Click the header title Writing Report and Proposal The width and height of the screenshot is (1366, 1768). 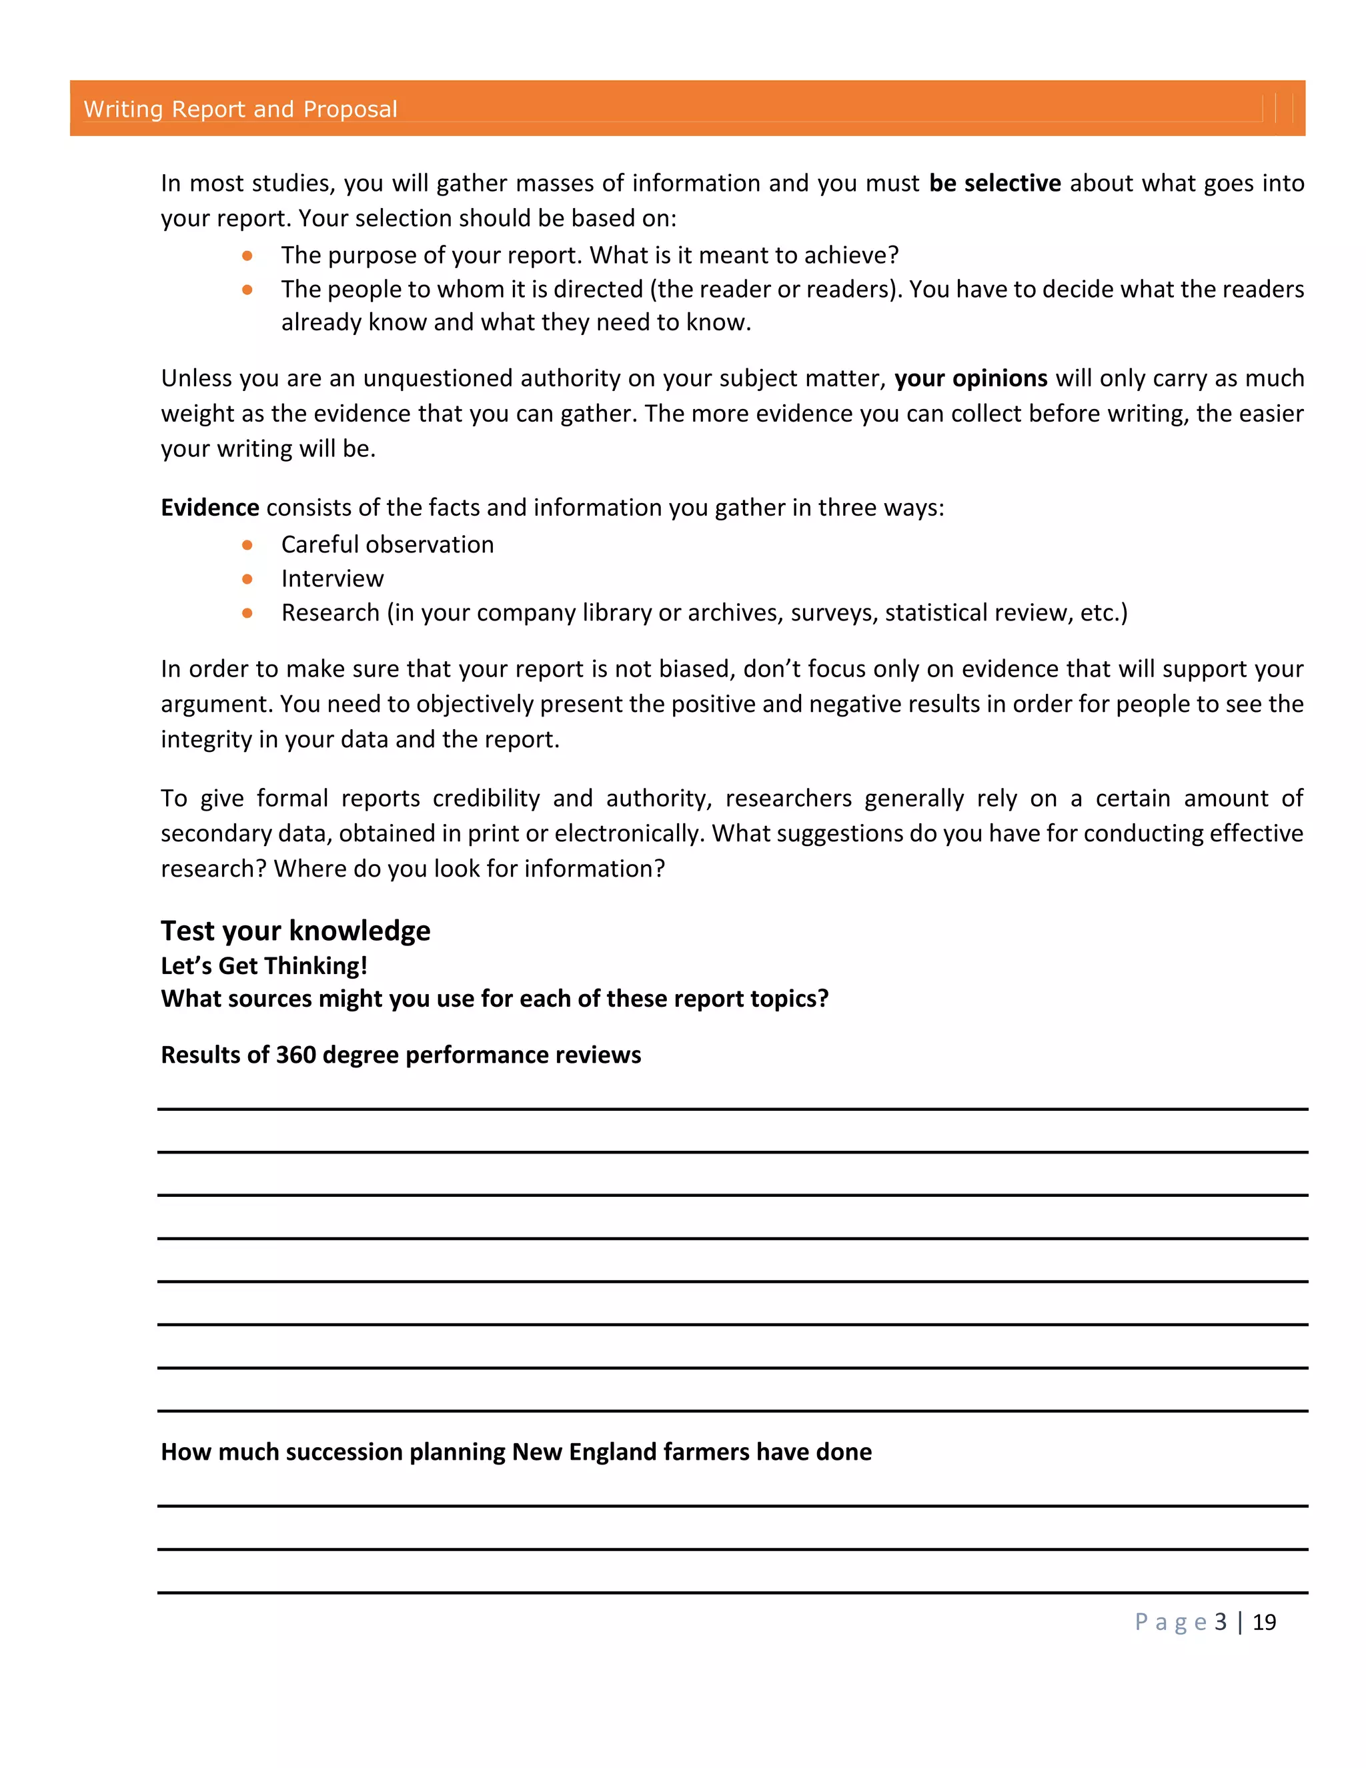240,109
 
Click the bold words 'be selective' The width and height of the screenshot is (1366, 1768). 994,183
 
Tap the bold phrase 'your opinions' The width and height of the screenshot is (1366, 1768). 970,379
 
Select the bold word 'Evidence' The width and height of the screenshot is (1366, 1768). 209,508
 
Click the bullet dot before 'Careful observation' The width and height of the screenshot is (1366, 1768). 247,546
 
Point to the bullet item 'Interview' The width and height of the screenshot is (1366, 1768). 331,579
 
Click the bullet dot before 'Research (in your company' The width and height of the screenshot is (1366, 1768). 247,614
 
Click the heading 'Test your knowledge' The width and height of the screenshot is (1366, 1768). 295,931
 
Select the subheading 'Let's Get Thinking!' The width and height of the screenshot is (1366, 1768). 264,966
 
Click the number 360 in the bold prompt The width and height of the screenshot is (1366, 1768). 295,1055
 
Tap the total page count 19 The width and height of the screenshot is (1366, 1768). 1264,1623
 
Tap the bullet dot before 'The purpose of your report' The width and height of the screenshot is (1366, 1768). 247,256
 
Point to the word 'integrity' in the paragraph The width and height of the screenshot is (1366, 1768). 206,740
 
